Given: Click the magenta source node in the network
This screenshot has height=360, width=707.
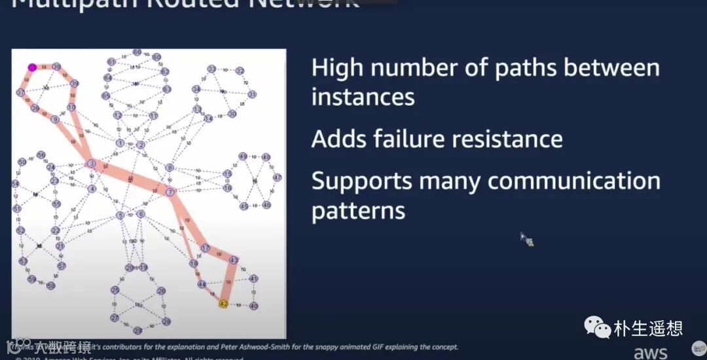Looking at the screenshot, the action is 31,67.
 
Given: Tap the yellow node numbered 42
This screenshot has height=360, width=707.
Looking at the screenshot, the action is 223,304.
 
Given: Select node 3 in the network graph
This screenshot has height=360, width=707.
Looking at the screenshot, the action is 92,163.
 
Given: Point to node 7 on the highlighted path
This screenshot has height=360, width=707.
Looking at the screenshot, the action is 170,192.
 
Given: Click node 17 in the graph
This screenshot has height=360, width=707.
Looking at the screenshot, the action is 205,248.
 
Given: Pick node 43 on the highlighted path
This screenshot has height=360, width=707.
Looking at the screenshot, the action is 234,260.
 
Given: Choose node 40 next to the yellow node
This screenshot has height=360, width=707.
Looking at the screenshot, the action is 254,306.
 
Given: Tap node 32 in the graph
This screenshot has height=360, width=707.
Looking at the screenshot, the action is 240,71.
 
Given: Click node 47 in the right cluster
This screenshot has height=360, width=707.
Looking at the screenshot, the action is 277,177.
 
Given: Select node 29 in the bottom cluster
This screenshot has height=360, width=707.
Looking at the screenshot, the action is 115,290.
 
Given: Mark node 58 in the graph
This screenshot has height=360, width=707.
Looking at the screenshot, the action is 50,285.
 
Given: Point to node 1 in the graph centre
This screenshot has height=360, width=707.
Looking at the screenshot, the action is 120,143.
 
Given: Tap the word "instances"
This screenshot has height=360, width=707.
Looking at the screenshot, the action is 363,98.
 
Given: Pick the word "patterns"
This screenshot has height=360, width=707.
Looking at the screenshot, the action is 358,211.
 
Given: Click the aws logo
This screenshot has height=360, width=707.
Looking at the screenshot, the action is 650,353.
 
